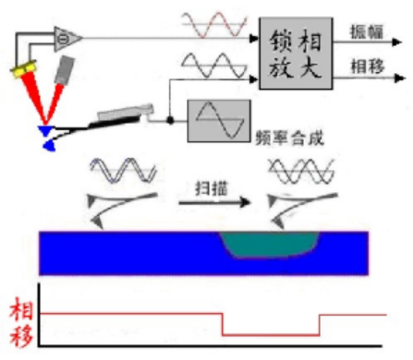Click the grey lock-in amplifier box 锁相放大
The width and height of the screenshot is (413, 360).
tap(296, 54)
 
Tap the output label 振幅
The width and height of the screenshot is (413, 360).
tap(367, 31)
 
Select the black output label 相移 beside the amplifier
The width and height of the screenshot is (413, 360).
tap(368, 66)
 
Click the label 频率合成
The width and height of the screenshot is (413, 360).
tap(290, 138)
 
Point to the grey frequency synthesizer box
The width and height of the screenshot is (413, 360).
tap(219, 121)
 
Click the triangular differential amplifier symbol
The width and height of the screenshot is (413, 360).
tap(67, 39)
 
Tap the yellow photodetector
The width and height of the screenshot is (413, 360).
tap(24, 69)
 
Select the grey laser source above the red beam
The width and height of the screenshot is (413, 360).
tap(65, 70)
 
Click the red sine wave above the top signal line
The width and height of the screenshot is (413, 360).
tap(214, 25)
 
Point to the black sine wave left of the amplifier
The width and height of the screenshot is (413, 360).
tap(214, 66)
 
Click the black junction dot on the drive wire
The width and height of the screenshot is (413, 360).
tap(170, 120)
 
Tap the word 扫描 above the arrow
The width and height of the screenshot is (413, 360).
tap(212, 188)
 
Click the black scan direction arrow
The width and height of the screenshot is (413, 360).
tap(214, 202)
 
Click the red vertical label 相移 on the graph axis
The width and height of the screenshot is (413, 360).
tap(21, 321)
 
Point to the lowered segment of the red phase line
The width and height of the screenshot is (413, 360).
tap(271, 335)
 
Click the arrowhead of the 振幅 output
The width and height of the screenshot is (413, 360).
tap(397, 42)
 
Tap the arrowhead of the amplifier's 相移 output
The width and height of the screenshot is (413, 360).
tap(399, 78)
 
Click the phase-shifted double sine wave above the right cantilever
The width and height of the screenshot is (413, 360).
tap(301, 171)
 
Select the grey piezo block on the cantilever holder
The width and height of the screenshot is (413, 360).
tap(125, 112)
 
